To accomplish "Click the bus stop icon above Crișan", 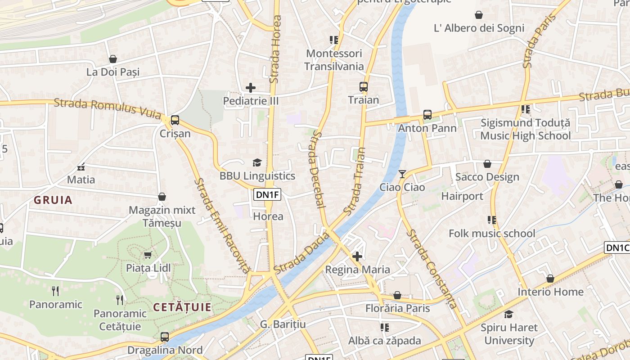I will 175,120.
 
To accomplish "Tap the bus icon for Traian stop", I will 363,87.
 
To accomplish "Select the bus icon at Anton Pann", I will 427,115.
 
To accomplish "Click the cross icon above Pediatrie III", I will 251,88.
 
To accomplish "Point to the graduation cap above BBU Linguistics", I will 257,162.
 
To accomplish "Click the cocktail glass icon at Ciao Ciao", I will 402,174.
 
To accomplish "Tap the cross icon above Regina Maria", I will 357,256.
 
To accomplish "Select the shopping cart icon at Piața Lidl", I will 148,255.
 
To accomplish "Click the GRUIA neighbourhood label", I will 53,200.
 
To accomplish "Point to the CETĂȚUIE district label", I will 182,307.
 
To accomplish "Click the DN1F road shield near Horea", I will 267,194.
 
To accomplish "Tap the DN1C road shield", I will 616,247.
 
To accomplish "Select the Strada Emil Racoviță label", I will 221,225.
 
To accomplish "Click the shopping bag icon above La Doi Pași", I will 113,59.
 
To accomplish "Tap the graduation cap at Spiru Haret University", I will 508,314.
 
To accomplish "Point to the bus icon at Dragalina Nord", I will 165,337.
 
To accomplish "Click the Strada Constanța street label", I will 432,269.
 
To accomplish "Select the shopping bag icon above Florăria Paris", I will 397,295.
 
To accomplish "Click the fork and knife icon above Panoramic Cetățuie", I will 120,300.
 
